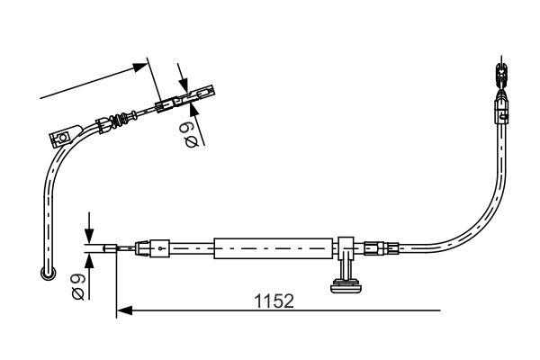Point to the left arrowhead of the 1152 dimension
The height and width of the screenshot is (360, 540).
(124, 311)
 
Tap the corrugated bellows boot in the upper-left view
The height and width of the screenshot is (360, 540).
(116, 121)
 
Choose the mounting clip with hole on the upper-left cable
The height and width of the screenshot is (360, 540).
(63, 139)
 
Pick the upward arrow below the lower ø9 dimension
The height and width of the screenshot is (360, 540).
(89, 258)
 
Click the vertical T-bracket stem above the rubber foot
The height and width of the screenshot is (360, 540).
(345, 265)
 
